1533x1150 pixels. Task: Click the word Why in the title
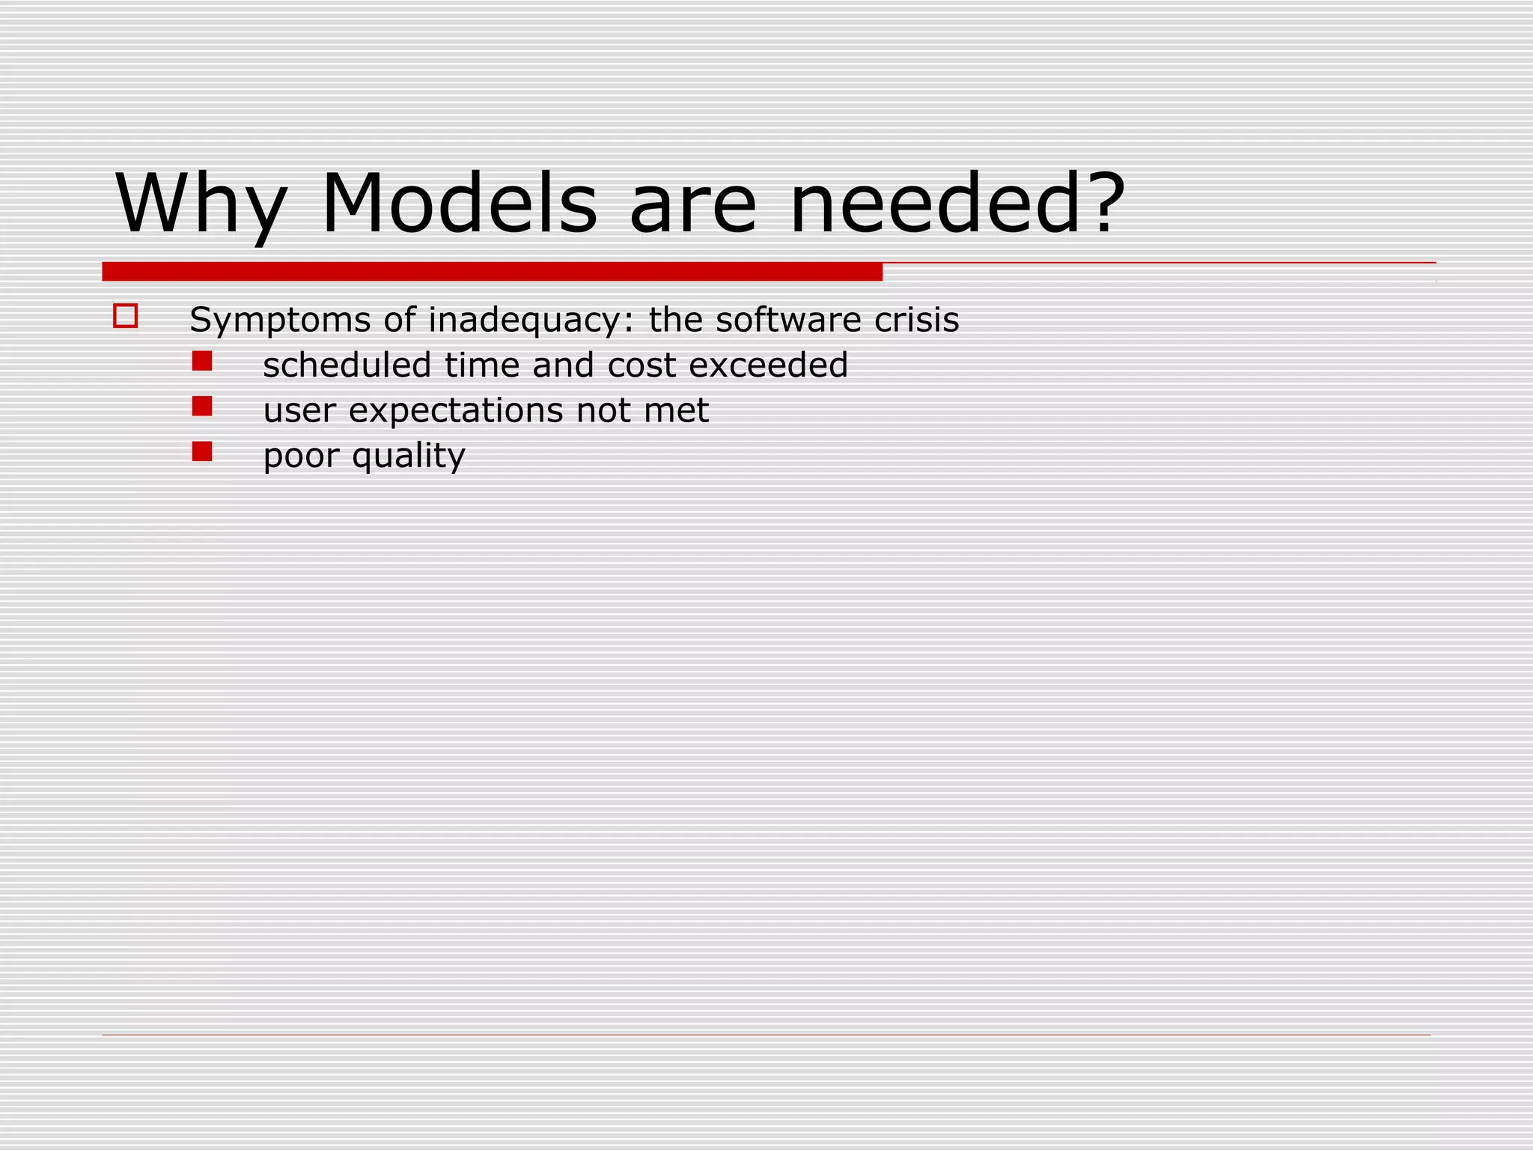coord(201,204)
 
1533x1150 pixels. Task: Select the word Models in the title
coord(460,204)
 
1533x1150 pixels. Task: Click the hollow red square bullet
coord(125,316)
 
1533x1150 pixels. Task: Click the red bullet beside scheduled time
coord(202,362)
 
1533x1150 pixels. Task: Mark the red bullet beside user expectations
coord(202,407)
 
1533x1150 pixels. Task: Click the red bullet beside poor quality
coord(202,451)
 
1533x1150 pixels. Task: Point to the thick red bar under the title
coord(492,272)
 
